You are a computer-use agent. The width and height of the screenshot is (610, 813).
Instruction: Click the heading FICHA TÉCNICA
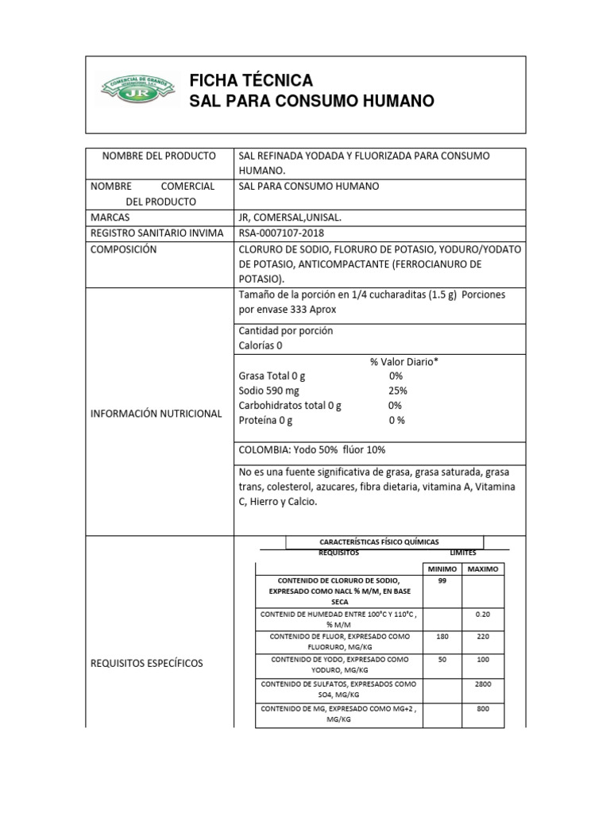point(251,81)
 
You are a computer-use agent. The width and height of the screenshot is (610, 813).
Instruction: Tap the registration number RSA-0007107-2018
point(281,233)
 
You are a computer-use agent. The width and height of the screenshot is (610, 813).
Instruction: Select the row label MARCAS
point(110,218)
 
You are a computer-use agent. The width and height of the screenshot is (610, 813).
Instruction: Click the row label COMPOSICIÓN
point(124,249)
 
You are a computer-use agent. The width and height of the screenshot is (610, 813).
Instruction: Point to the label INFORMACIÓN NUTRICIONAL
point(156,414)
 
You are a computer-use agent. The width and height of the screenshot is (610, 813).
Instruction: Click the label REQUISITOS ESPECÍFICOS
point(147,663)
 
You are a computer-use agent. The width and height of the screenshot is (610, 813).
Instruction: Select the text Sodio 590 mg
point(270,391)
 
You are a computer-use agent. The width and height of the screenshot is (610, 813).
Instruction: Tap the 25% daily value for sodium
point(398,391)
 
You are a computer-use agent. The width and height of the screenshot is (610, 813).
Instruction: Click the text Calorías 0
point(261,345)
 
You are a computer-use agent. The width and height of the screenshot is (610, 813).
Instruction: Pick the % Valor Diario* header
point(404,361)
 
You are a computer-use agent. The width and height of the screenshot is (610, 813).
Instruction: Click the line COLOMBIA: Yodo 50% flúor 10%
point(312,450)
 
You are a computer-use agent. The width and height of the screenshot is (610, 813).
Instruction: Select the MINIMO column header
point(442,569)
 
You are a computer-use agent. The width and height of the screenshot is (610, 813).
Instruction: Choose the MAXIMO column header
point(482,569)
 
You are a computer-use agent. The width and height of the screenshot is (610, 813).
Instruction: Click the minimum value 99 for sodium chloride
point(442,581)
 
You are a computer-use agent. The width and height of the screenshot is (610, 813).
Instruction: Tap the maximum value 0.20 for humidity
point(482,615)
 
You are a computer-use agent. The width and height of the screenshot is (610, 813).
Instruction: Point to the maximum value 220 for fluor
point(482,636)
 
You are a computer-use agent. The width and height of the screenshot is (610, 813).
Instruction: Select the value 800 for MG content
point(482,708)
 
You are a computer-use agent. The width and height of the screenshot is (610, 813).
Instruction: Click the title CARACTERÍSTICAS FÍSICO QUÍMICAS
point(384,541)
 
